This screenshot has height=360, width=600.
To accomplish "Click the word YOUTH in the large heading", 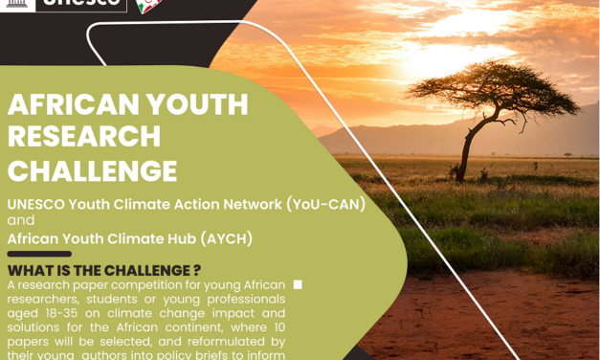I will click(x=186, y=104).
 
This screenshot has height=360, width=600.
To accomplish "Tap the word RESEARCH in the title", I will click(x=84, y=137).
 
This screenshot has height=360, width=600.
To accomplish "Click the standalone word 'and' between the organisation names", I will click(x=20, y=221).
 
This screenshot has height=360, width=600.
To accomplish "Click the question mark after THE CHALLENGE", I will click(x=197, y=270).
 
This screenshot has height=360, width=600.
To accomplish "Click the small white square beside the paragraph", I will click(x=298, y=284).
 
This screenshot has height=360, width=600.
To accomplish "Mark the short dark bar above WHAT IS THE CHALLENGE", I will click(x=38, y=254).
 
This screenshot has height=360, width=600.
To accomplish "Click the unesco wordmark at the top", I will click(x=85, y=4).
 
